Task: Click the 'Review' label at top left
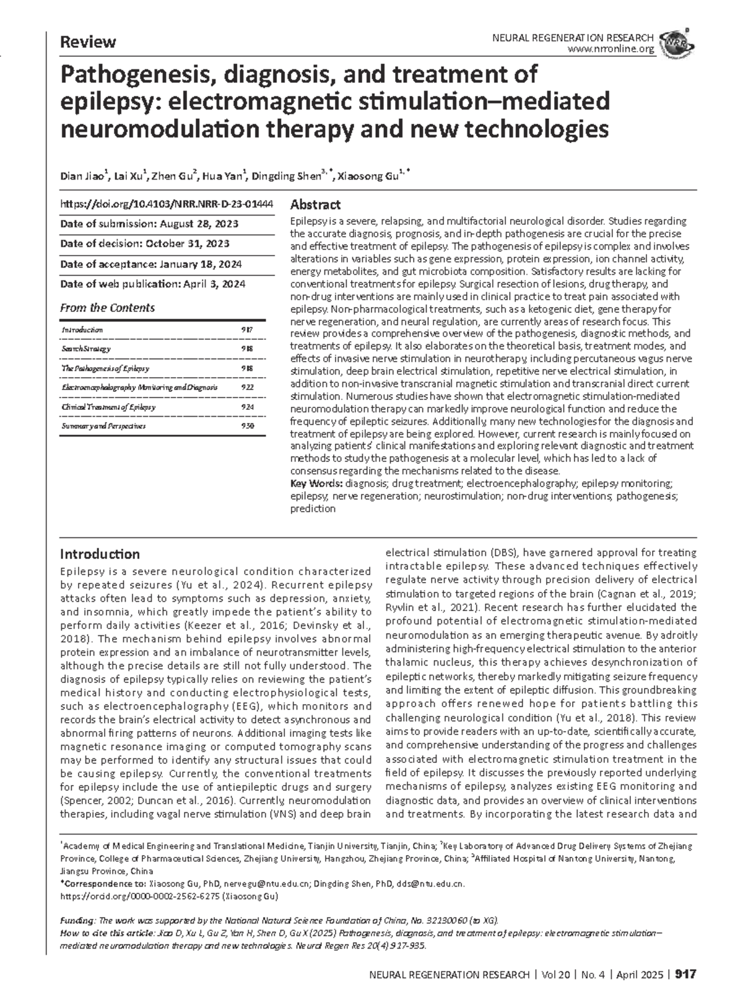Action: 87,42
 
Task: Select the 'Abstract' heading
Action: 315,205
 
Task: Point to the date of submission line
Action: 149,224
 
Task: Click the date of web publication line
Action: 152,284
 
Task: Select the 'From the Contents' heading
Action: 107,308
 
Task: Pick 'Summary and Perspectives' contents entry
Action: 103,426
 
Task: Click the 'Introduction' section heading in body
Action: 99,554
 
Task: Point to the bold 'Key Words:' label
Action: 316,483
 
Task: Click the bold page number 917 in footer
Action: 686,975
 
